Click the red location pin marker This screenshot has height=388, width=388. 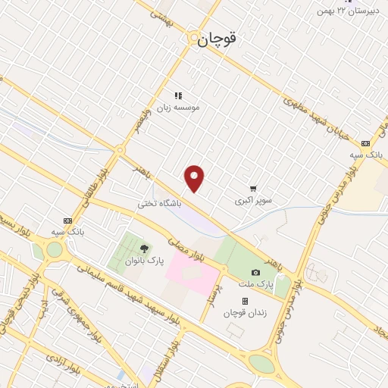tap(196, 178)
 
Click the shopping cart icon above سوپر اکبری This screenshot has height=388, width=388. tap(253, 189)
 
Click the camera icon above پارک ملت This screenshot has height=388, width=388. tap(255, 272)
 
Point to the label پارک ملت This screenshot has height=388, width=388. tap(259, 283)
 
